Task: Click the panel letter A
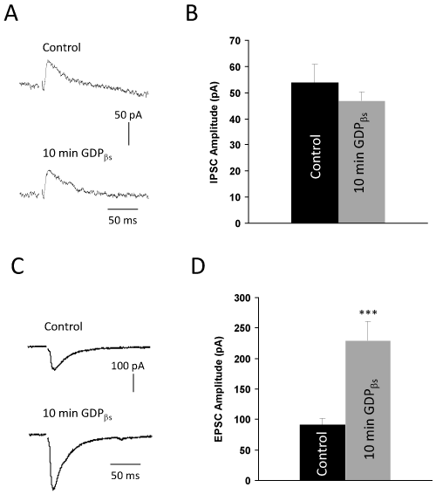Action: [x=11, y=14]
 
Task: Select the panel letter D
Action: [x=198, y=266]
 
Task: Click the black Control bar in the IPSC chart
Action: [x=315, y=153]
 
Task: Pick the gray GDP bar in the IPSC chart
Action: [x=361, y=162]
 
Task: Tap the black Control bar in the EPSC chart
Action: [x=323, y=452]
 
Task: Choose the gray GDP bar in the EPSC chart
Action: [x=368, y=410]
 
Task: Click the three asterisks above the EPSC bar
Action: [x=368, y=312]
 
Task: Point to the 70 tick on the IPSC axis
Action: [x=236, y=41]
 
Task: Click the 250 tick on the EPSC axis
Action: [x=242, y=328]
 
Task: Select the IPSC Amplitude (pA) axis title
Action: [x=214, y=133]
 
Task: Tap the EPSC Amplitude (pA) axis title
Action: [x=219, y=389]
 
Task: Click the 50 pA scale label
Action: [x=128, y=115]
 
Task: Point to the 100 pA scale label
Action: [x=128, y=366]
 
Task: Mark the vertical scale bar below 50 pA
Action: [x=128, y=134]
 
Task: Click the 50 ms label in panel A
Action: [x=123, y=220]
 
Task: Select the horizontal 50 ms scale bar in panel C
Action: [x=126, y=463]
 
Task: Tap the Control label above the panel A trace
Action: [x=62, y=48]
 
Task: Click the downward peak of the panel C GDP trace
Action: [x=53, y=490]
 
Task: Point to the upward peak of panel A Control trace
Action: [x=48, y=60]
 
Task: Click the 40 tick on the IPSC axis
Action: [x=236, y=120]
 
